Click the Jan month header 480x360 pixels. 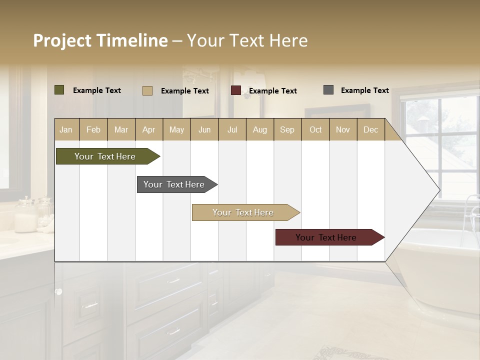[66, 130]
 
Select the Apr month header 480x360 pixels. [148, 130]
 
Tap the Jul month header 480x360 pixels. [232, 130]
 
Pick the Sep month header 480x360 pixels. [287, 130]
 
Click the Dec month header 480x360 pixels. [370, 130]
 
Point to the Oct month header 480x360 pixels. [315, 130]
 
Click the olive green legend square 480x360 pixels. [59, 90]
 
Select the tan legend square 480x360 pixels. [147, 90]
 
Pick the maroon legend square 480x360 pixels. [235, 90]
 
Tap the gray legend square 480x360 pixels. [328, 90]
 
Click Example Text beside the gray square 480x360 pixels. [364, 90]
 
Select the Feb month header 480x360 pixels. [93, 130]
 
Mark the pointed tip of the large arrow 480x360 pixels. [439, 190]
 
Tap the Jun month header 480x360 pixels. [204, 130]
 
